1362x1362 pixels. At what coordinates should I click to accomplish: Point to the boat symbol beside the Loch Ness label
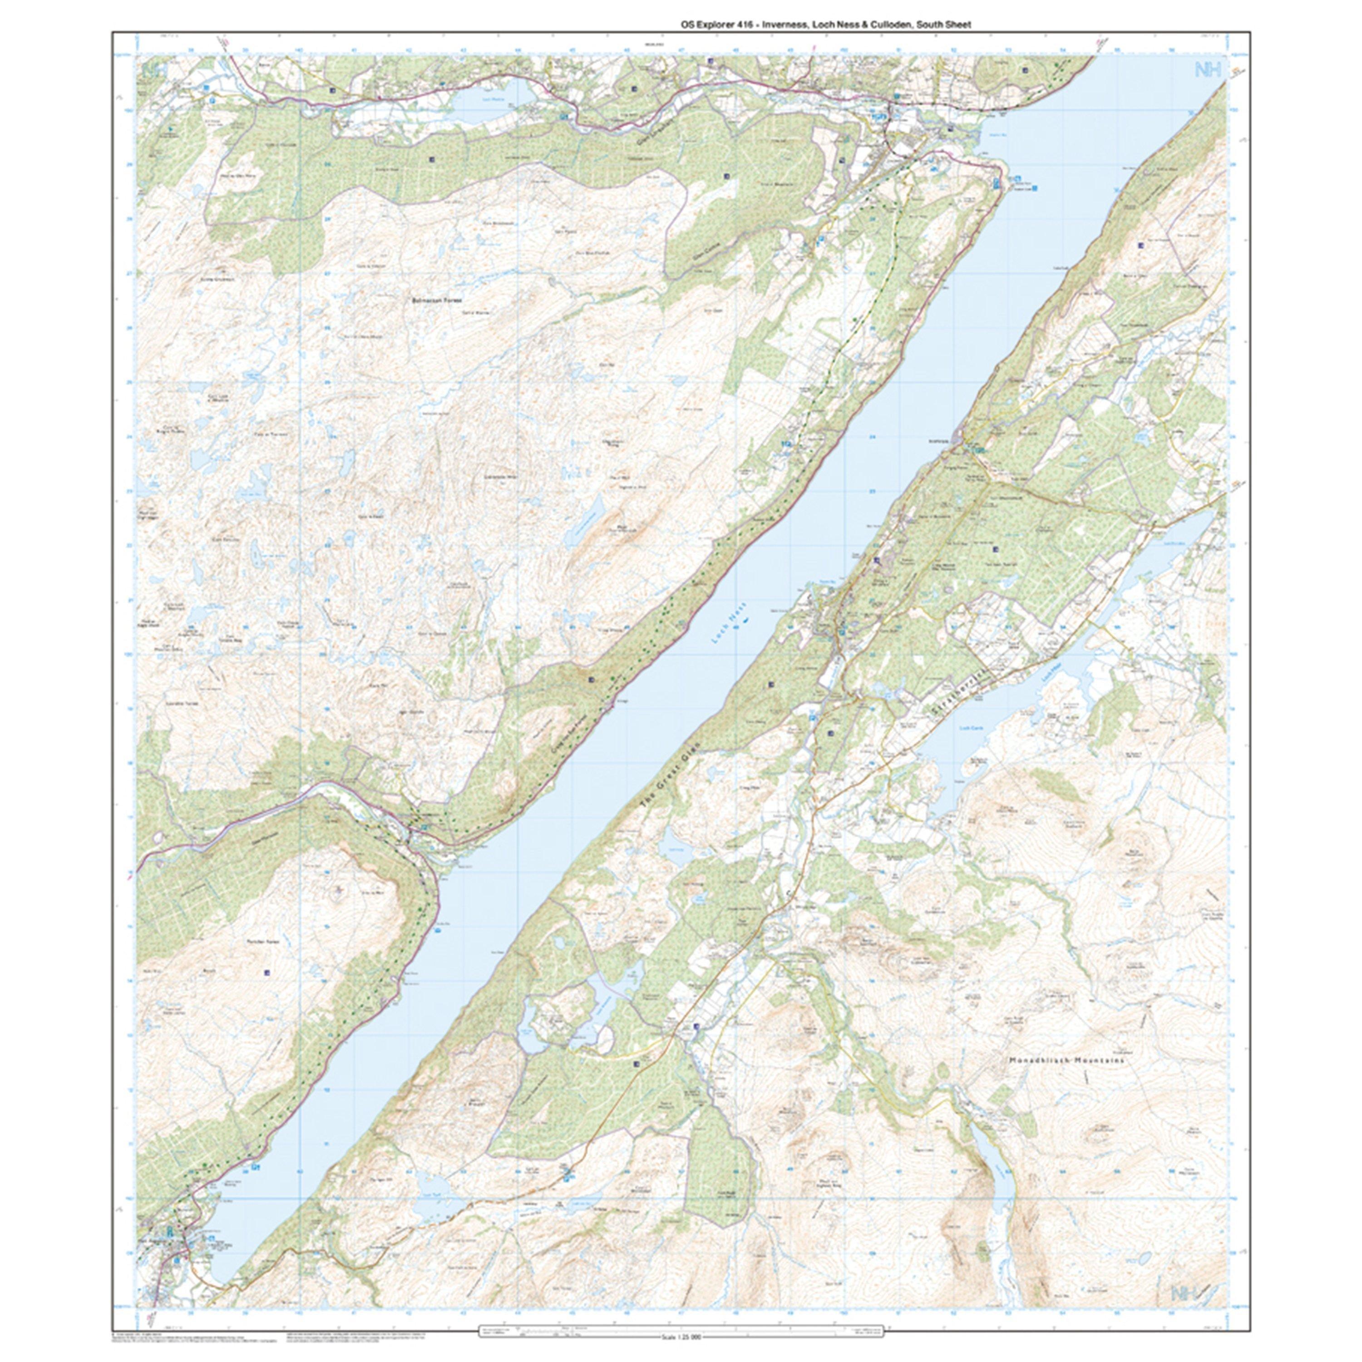[745, 620]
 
